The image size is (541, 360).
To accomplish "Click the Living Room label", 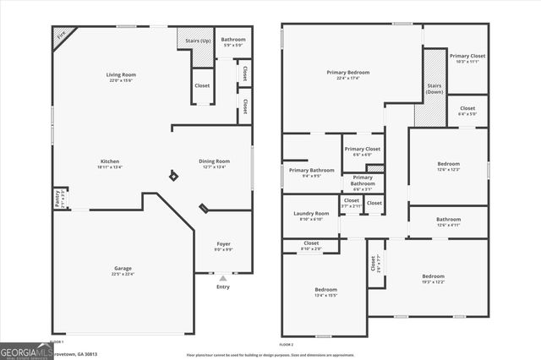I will click(x=122, y=74).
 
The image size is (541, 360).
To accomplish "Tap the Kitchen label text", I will click(x=110, y=161).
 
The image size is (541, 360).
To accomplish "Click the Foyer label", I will click(x=223, y=244).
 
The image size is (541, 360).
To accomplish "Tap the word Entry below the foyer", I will click(x=223, y=286).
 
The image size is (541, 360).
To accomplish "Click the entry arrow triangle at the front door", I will click(x=223, y=277).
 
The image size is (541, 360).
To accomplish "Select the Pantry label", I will click(x=58, y=198).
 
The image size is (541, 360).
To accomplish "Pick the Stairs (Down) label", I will click(x=435, y=88).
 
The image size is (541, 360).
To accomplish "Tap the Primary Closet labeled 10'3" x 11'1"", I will click(x=466, y=56).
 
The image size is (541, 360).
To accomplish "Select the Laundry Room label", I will click(x=310, y=214).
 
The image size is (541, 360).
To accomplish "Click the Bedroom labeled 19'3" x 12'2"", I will click(x=434, y=276).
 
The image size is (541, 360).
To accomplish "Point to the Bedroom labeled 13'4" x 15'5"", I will click(x=325, y=290).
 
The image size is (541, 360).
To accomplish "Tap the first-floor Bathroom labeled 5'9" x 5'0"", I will click(x=233, y=40).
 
